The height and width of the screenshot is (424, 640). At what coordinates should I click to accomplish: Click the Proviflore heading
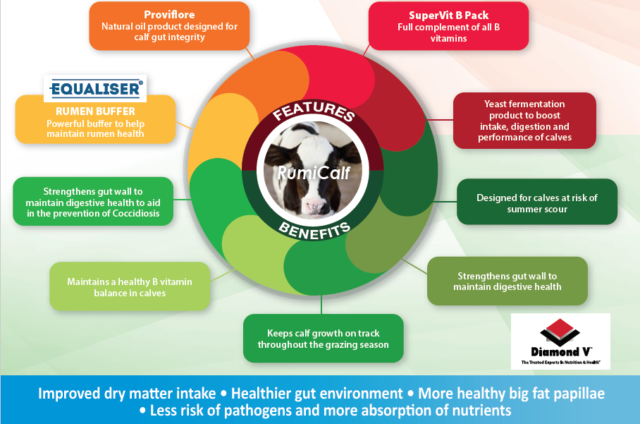click(x=169, y=15)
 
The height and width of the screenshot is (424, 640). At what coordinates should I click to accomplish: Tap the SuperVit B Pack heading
click(x=448, y=16)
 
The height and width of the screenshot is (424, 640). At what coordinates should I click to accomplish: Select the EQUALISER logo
click(x=95, y=89)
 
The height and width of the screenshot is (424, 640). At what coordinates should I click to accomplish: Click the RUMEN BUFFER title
click(x=96, y=111)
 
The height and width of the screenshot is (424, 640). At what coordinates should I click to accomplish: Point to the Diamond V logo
click(x=560, y=341)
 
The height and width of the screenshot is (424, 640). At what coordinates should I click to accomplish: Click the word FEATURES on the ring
click(x=314, y=110)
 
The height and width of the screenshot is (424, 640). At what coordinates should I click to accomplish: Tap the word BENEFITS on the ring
click(x=314, y=231)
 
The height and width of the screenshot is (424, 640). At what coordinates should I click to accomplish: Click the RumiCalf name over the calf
click(x=314, y=173)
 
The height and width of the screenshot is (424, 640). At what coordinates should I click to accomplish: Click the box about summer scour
click(x=537, y=202)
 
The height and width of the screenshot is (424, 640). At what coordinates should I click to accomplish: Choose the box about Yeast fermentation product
click(x=524, y=121)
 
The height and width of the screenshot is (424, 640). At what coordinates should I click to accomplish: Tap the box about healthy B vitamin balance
click(x=130, y=286)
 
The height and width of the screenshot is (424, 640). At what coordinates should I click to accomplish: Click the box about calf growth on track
click(x=324, y=338)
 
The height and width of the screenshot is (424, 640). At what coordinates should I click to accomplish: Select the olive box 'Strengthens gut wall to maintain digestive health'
click(x=507, y=281)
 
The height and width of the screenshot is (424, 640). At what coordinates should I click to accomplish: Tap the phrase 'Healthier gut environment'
click(x=316, y=394)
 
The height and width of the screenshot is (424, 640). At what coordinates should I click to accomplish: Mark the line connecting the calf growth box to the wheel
click(x=321, y=304)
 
